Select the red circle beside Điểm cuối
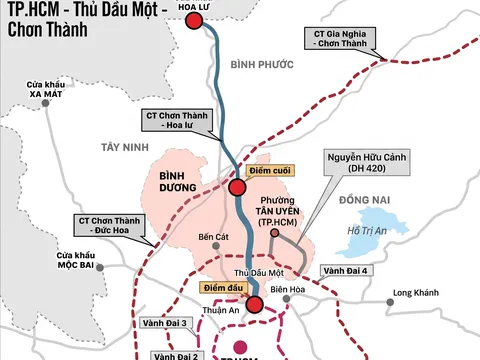(x=238, y=188)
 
